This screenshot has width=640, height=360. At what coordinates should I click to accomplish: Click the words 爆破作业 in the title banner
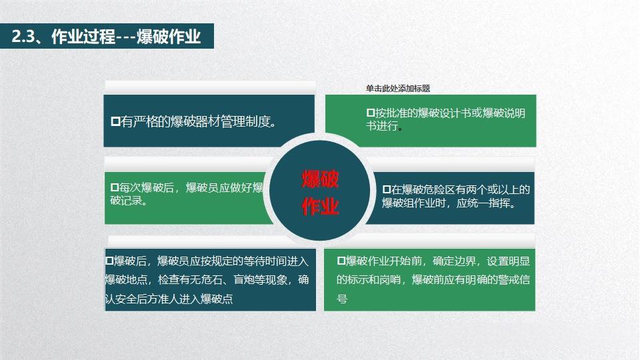click(169, 36)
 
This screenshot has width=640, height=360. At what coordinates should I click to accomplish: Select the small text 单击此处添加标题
click(397, 88)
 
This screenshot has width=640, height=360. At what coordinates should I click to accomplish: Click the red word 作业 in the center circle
click(321, 206)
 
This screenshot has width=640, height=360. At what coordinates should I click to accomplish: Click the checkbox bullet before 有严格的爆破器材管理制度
click(115, 121)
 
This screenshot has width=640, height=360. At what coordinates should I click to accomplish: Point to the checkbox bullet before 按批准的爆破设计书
click(371, 113)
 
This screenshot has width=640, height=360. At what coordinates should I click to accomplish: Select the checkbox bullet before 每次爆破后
click(114, 187)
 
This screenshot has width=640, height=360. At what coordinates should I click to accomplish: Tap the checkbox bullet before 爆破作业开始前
click(341, 260)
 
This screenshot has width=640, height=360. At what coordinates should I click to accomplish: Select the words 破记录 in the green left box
click(126, 201)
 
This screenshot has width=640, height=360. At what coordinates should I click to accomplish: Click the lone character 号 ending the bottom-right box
click(342, 299)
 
